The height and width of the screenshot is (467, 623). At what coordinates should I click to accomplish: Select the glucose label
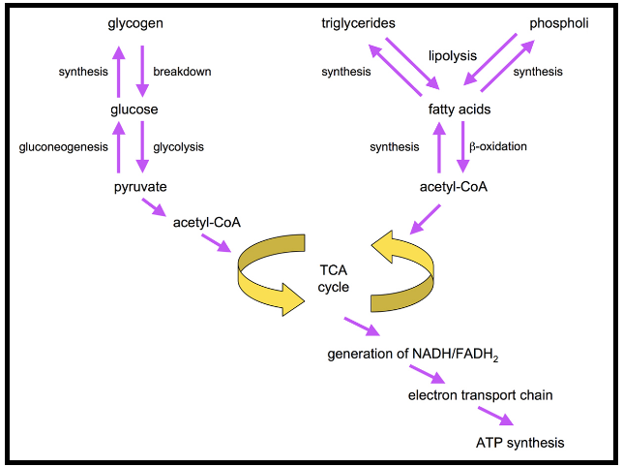pyautogui.click(x=133, y=109)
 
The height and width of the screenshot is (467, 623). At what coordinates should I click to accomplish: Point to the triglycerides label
pyautogui.click(x=359, y=23)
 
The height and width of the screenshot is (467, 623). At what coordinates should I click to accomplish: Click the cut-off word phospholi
pyautogui.click(x=558, y=23)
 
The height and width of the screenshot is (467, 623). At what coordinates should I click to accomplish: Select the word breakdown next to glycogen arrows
pyautogui.click(x=182, y=72)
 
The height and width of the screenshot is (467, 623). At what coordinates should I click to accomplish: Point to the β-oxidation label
pyautogui.click(x=497, y=147)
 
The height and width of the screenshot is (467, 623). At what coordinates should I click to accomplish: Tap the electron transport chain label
pyautogui.click(x=481, y=394)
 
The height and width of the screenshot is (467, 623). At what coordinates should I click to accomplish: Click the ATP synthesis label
pyautogui.click(x=519, y=442)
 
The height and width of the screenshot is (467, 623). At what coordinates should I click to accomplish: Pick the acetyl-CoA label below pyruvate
pyautogui.click(x=207, y=223)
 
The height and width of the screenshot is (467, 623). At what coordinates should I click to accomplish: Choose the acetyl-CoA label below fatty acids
pyautogui.click(x=454, y=187)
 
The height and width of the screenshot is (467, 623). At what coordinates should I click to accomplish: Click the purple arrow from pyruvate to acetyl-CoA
pyautogui.click(x=153, y=207)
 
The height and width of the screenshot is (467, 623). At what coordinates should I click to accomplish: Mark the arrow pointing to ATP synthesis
pyautogui.click(x=493, y=416)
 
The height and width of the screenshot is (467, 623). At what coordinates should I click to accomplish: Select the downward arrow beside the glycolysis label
pyautogui.click(x=143, y=147)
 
